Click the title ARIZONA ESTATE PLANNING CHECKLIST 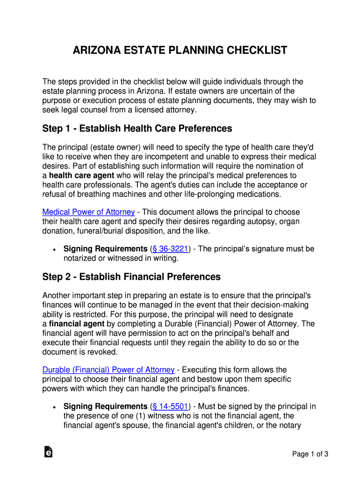click(x=180, y=51)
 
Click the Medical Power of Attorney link click(x=88, y=212)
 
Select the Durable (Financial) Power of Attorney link click(x=108, y=370)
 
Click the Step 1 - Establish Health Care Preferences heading click(x=137, y=128)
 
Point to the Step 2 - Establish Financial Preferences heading click(x=131, y=277)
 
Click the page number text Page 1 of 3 click(x=310, y=454)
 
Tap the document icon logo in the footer click(x=48, y=451)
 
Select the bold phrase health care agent click(x=81, y=175)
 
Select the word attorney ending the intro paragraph click(x=180, y=110)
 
